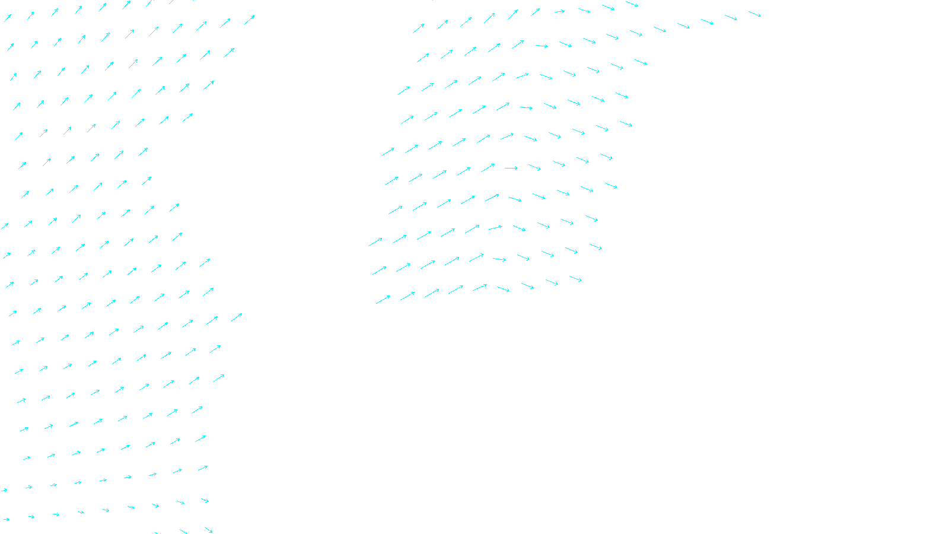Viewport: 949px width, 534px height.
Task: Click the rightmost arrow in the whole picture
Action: (754, 13)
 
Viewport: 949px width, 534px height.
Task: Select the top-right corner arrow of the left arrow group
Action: (249, 20)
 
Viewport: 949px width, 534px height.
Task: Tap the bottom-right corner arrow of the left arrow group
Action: (208, 529)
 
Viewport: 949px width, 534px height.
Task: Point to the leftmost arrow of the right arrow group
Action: (375, 241)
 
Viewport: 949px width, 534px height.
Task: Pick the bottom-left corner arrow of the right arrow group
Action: (383, 300)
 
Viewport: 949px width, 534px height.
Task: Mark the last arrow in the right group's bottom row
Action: (575, 279)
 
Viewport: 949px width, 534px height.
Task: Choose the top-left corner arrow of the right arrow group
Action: (419, 28)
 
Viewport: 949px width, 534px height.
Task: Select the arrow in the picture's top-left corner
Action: (8, 18)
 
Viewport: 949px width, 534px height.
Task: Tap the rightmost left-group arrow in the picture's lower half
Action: (236, 317)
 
